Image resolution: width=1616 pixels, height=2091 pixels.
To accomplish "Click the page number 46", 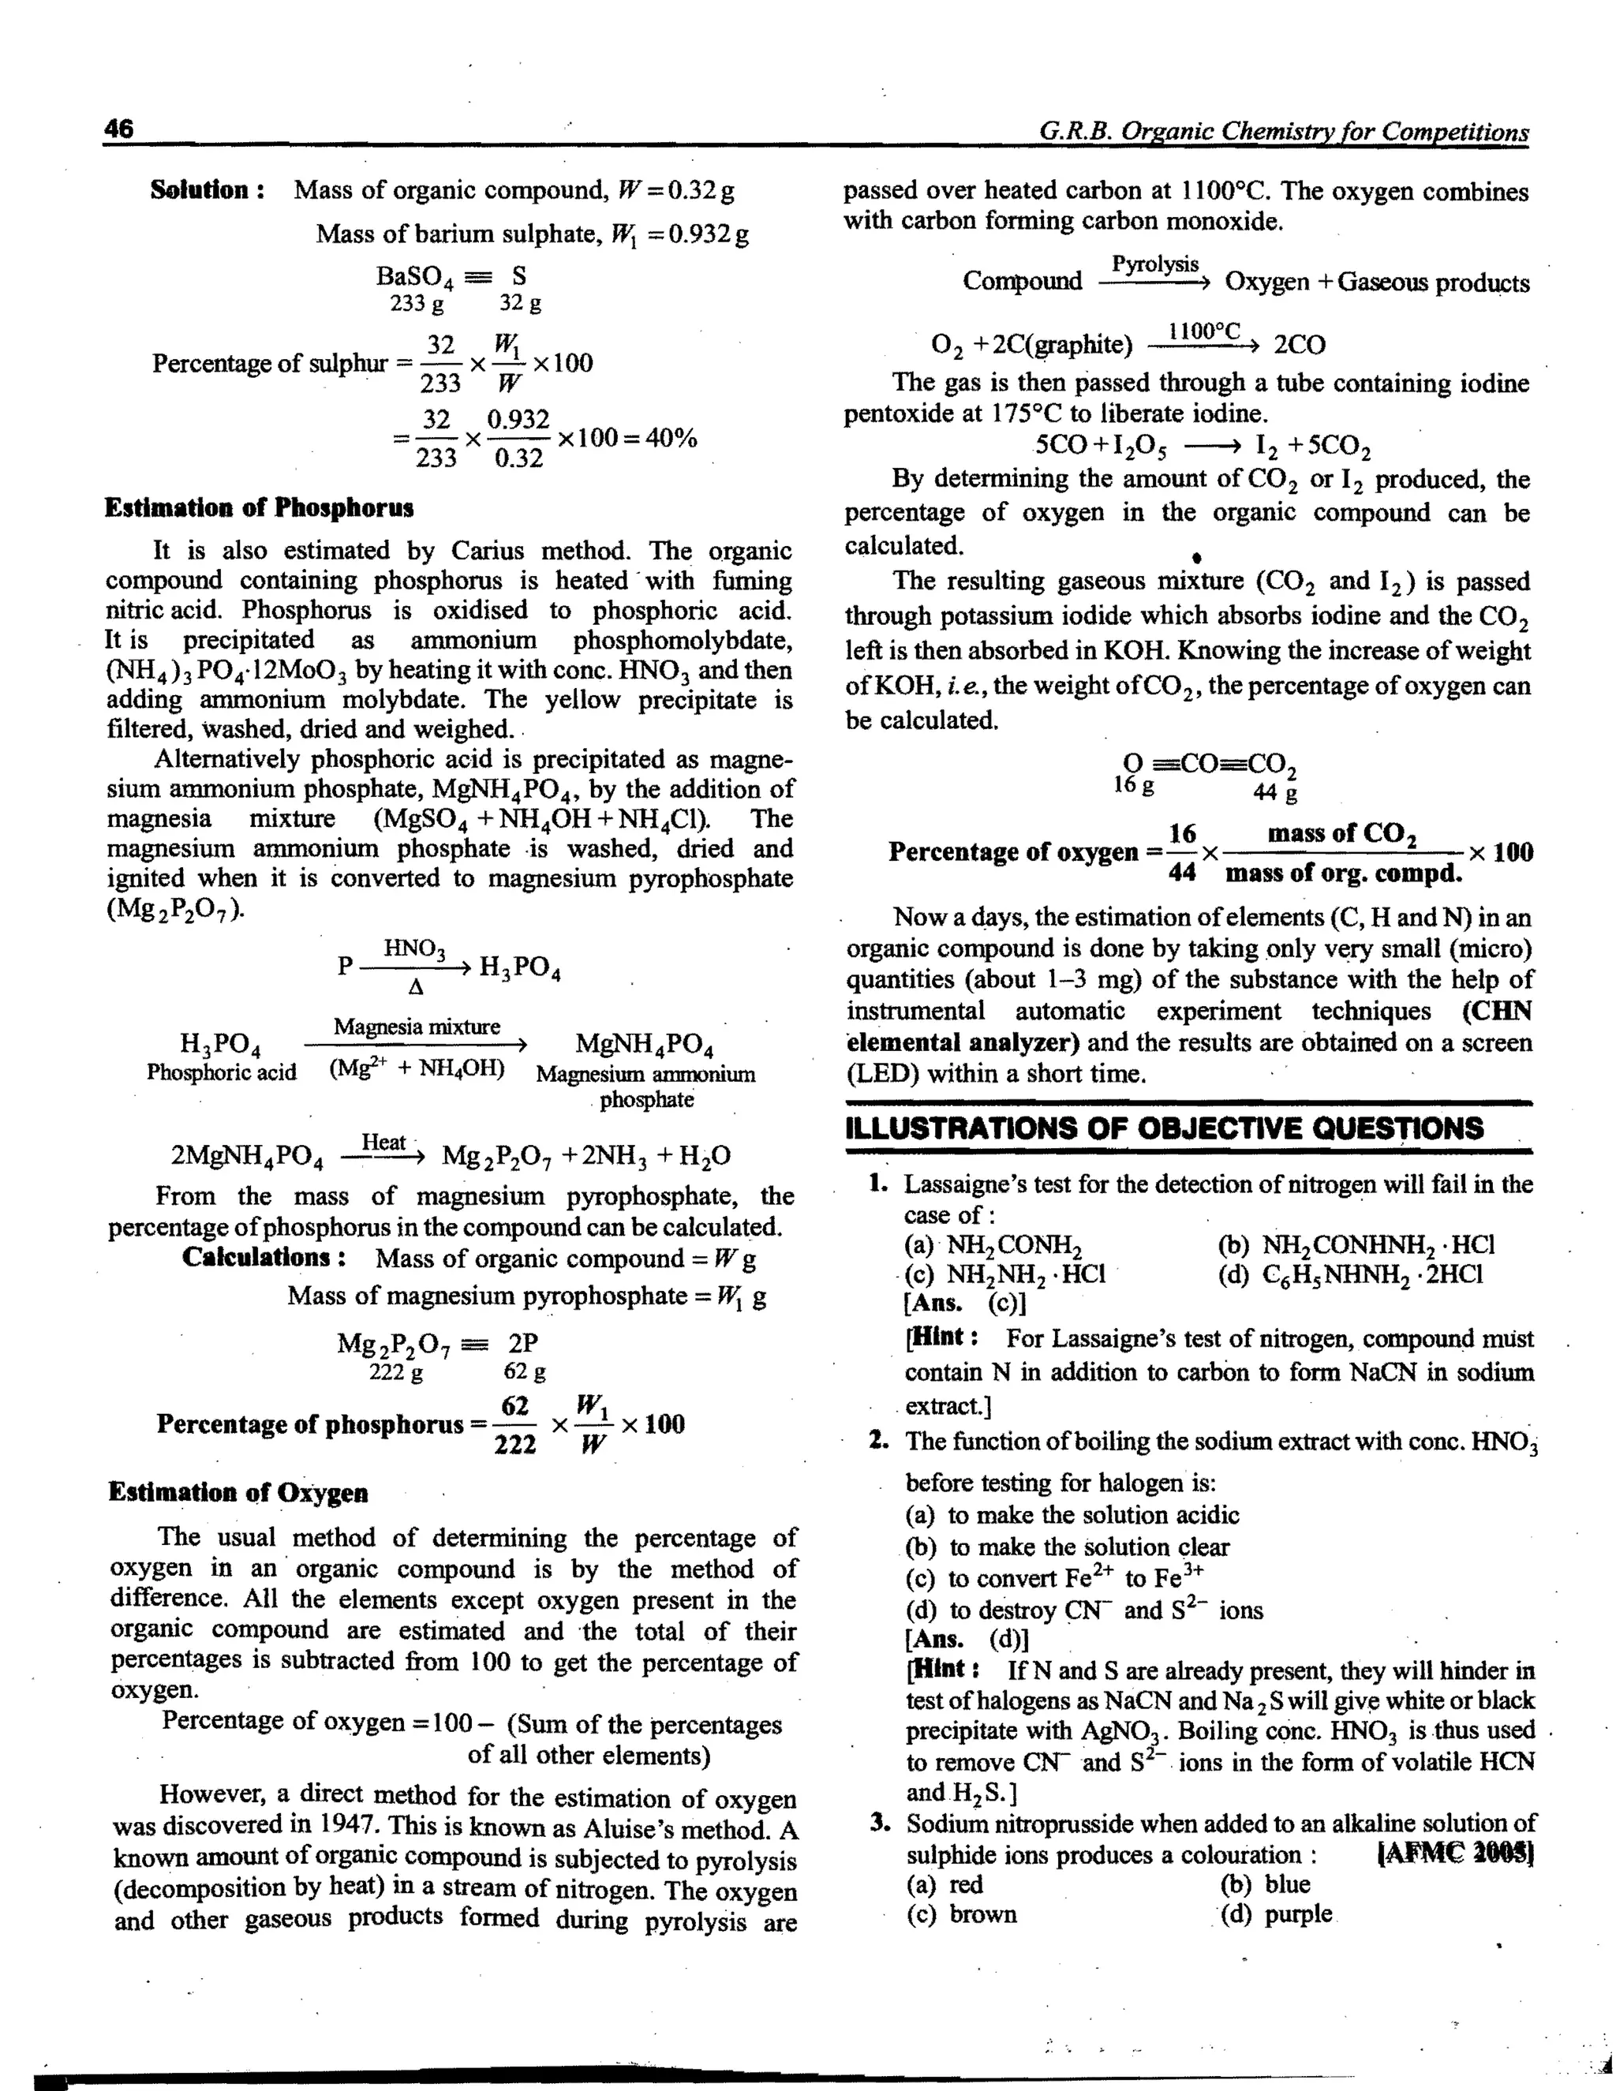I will tap(120, 129).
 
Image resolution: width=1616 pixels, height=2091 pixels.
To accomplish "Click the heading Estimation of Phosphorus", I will tap(260, 507).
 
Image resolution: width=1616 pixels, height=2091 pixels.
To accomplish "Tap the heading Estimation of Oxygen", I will tap(238, 1493).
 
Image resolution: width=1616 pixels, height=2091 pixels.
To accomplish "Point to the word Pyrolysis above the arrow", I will tap(1154, 264).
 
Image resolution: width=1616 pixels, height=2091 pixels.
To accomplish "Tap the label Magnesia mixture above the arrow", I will tap(417, 1027).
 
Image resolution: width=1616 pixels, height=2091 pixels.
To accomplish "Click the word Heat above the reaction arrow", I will tap(384, 1143).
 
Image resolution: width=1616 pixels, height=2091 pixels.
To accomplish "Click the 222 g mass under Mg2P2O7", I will tap(395, 1372).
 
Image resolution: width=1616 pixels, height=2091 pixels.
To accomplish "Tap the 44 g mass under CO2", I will tap(1275, 793).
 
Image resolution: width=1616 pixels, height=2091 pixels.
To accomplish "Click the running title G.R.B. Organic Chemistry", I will tap(1283, 131).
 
